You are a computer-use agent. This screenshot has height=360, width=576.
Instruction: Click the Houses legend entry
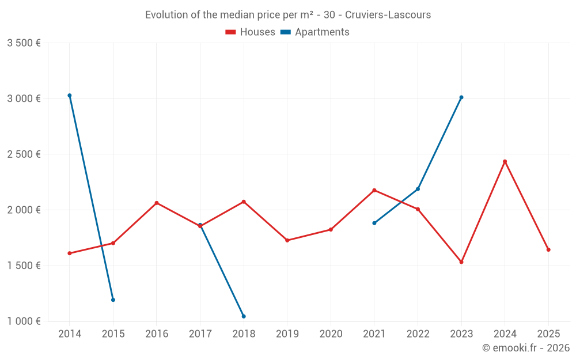click(251, 32)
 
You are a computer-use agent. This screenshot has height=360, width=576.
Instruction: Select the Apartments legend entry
click(315, 32)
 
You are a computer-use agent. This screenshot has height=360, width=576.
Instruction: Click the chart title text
click(288, 15)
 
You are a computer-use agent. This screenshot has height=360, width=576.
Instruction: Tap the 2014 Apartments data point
click(70, 96)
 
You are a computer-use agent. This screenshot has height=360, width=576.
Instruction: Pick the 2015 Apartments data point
click(113, 300)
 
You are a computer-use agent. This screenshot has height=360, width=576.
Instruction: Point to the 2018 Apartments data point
click(244, 316)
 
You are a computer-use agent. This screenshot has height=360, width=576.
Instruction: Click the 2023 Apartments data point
click(461, 97)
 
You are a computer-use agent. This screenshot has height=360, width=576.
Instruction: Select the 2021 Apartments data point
click(374, 223)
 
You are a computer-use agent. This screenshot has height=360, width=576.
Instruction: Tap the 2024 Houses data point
click(505, 161)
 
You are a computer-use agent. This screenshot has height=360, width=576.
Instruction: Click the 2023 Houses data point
click(461, 262)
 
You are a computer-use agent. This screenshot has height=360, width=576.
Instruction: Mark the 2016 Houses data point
click(157, 203)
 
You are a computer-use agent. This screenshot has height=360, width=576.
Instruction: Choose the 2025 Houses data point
click(548, 249)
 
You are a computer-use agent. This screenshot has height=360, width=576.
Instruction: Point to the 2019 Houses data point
click(287, 240)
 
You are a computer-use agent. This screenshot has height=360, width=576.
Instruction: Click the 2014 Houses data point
click(70, 253)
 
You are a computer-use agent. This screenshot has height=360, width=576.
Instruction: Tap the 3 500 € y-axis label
click(24, 43)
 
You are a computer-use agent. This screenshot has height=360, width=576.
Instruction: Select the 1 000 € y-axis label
click(24, 321)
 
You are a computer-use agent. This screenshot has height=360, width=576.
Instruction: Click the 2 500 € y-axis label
click(24, 154)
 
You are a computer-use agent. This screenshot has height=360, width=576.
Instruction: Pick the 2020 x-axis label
click(331, 334)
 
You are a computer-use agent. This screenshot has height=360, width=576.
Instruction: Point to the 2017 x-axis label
click(200, 334)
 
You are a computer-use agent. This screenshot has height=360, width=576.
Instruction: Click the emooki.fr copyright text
click(526, 348)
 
